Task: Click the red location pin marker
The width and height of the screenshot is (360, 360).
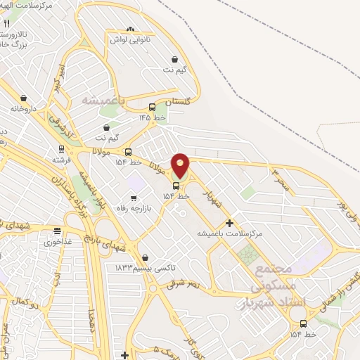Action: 180,166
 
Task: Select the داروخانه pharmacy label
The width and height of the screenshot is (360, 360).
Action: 23,109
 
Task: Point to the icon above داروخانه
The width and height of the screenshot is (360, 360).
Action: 23,98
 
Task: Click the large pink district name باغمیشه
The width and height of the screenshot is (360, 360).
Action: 103,100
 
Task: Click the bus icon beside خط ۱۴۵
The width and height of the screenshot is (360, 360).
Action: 153,108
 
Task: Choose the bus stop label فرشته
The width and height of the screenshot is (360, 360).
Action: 61,160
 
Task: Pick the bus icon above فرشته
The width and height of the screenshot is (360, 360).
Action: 62,149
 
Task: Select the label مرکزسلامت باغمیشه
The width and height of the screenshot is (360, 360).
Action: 229,233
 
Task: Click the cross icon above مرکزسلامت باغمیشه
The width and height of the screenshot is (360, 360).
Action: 229,223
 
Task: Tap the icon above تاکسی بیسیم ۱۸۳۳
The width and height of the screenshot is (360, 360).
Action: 145,258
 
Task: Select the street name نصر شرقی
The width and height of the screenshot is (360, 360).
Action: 184,283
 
